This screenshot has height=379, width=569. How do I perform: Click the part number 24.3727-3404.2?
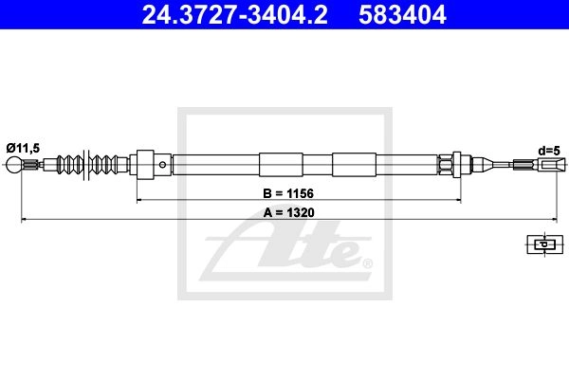pyautogui.click(x=235, y=15)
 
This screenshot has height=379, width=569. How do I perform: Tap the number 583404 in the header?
pyautogui.click(x=402, y=15)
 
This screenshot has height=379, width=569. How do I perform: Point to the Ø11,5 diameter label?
pyautogui.click(x=23, y=148)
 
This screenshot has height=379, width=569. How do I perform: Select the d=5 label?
pyautogui.click(x=549, y=151)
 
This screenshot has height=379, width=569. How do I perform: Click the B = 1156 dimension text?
pyautogui.click(x=288, y=193)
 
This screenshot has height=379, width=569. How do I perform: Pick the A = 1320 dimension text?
pyautogui.click(x=289, y=212)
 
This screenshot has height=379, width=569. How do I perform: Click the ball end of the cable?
pyautogui.click(x=14, y=165)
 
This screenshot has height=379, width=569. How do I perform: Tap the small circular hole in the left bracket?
pyautogui.click(x=162, y=165)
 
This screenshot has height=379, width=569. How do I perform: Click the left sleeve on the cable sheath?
pyautogui.click(x=281, y=165)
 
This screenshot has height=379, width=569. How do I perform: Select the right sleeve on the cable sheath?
pyautogui.click(x=354, y=165)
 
